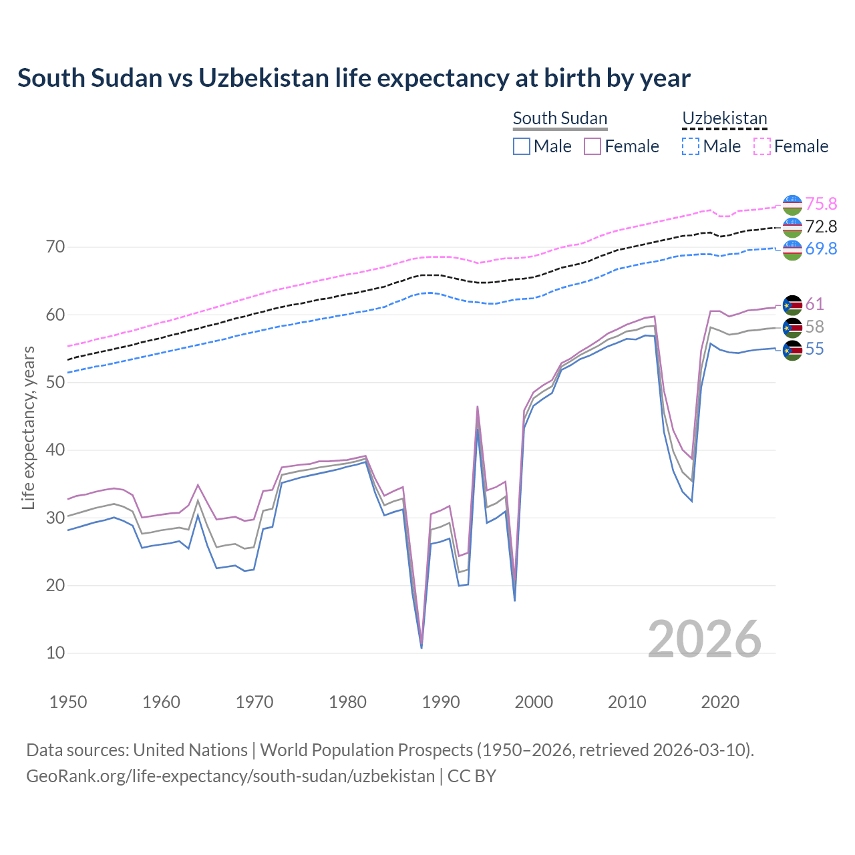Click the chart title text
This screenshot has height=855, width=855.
[x=354, y=78]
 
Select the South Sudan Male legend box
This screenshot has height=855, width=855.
[x=522, y=146]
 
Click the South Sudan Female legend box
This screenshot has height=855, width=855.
[x=592, y=146]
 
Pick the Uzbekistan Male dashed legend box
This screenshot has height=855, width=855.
[x=691, y=146]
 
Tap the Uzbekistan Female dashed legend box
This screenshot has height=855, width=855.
[x=762, y=146]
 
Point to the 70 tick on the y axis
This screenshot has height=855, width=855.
[x=55, y=247]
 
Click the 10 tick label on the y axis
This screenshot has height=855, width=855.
[x=55, y=653]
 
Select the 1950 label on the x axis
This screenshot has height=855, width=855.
[x=68, y=702]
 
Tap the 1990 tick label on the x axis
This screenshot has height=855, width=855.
[x=441, y=702]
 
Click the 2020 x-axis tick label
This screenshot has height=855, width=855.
[x=720, y=702]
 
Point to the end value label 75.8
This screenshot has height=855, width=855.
[x=821, y=204]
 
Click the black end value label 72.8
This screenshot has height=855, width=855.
[x=821, y=226]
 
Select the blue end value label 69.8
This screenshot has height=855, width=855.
[x=821, y=248]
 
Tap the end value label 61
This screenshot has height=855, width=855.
[x=814, y=304]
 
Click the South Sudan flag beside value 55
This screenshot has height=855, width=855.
[x=792, y=349]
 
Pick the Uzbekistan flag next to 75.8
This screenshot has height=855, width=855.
[x=792, y=204]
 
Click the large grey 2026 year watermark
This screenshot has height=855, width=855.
[x=705, y=639]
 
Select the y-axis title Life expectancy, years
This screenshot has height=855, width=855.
[x=28, y=427]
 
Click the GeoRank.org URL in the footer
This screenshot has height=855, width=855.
[x=230, y=776]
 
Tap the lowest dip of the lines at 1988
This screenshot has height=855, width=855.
[x=421, y=647]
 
